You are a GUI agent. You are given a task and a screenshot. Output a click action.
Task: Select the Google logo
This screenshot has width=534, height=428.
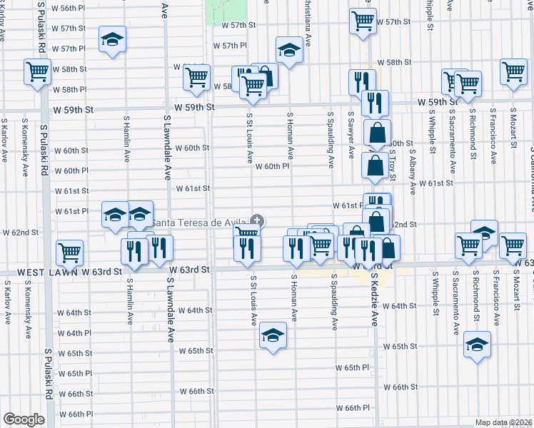(x=24, y=419)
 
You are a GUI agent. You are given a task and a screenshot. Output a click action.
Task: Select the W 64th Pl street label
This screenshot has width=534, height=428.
(x=70, y=333)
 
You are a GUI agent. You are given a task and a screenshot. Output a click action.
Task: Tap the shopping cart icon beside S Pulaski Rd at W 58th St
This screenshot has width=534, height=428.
(x=37, y=71)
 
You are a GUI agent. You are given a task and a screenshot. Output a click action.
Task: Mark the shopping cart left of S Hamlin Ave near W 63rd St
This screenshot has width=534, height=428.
(x=69, y=251)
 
